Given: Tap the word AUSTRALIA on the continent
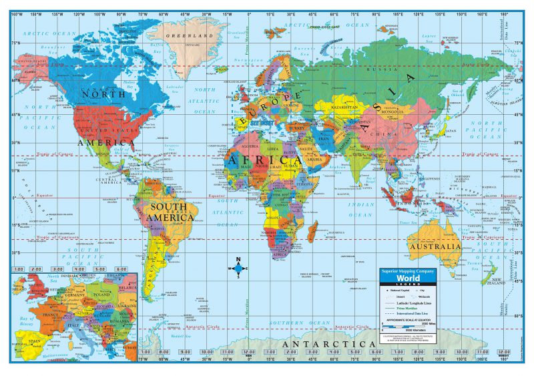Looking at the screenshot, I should tap(435, 246).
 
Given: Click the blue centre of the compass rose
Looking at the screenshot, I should tap(238, 268).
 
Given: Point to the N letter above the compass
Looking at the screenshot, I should tap(238, 260).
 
